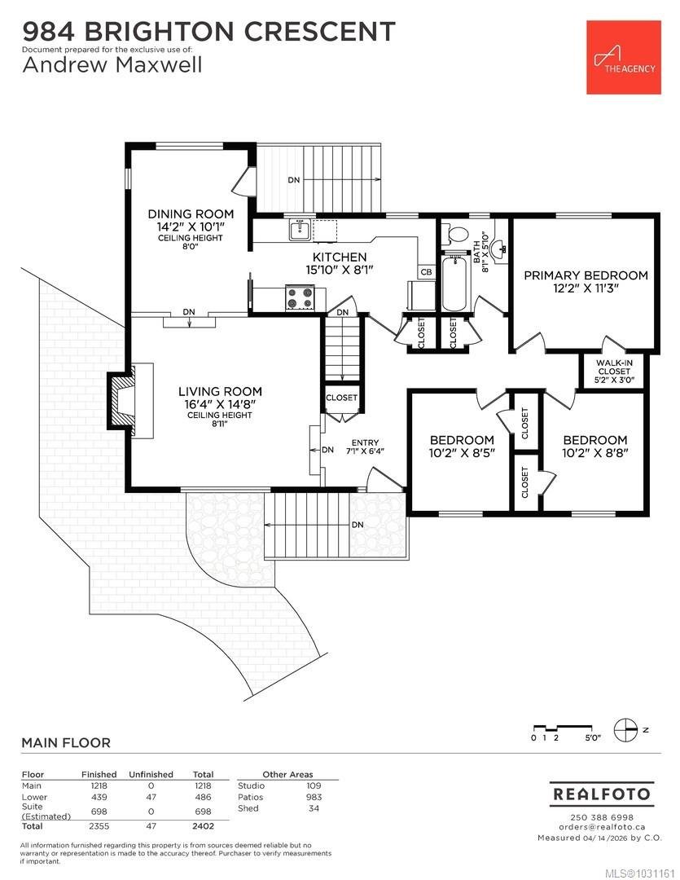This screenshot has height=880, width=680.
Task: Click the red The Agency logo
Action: [x=623, y=57]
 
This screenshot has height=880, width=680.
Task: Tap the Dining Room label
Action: [x=191, y=213]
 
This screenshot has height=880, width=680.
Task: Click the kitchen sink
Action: [x=301, y=230]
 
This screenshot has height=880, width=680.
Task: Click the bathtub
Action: [x=454, y=283]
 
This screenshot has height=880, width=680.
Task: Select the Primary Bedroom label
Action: [x=586, y=275]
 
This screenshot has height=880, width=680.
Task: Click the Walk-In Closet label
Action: [x=614, y=367]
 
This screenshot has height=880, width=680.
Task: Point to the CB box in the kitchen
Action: [x=427, y=272]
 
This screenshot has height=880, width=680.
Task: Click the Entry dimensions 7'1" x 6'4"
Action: [x=366, y=451]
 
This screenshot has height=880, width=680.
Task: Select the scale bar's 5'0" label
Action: [x=593, y=738]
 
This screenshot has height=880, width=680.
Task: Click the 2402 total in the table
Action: [x=203, y=826]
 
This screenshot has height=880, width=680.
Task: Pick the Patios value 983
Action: [x=314, y=797]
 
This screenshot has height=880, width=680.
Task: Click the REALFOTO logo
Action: [x=602, y=794]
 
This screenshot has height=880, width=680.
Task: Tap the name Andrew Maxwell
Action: [x=112, y=65]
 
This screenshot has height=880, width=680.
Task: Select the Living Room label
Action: [x=220, y=392]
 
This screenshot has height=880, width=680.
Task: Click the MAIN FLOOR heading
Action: [x=66, y=743]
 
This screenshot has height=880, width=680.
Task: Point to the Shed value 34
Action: [x=314, y=808]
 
